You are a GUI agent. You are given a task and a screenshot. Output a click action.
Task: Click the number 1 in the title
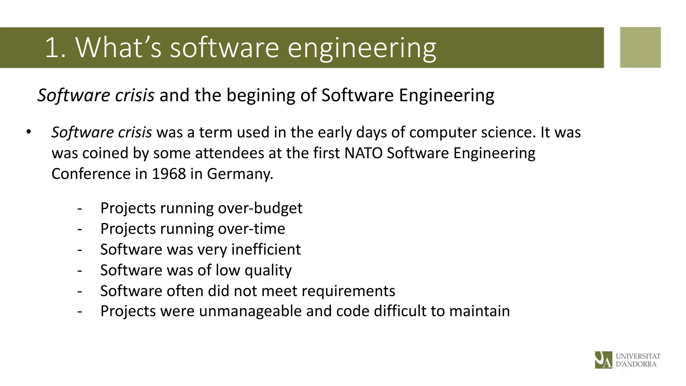52,48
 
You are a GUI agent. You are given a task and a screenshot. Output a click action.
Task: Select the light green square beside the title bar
640,47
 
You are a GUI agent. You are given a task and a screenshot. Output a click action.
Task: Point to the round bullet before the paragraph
28,132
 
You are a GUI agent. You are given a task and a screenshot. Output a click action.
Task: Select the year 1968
169,174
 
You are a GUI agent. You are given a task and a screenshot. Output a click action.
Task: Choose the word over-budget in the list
260,208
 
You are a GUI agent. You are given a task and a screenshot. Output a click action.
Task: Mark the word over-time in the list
252,229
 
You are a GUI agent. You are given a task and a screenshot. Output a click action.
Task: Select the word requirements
348,291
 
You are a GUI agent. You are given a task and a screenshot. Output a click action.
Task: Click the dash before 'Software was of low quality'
79,270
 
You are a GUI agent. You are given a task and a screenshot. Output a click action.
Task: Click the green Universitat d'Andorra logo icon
603,360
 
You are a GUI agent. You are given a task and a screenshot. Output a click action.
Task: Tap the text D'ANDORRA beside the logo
636,364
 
